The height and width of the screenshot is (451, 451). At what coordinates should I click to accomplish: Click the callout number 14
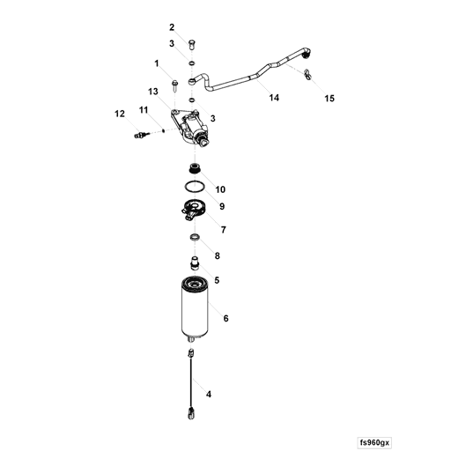(274, 98)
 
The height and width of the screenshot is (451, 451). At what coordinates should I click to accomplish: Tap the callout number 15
(329, 99)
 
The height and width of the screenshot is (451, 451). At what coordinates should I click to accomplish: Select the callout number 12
(120, 114)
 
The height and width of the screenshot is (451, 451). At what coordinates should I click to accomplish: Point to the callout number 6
(225, 318)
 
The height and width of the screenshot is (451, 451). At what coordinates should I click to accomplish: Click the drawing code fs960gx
(374, 442)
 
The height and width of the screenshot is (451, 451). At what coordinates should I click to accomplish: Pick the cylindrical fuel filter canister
(195, 309)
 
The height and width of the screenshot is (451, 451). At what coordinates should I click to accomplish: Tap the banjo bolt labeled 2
(191, 45)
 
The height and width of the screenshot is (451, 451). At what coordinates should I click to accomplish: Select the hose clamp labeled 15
(307, 75)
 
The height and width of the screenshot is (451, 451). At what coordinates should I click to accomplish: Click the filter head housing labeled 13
(191, 128)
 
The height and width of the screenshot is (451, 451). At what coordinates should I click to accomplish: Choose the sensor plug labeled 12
(141, 135)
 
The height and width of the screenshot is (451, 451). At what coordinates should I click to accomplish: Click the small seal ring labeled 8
(195, 237)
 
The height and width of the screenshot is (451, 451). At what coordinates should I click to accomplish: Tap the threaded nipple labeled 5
(195, 262)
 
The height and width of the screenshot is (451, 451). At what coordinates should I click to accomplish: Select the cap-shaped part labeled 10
(195, 168)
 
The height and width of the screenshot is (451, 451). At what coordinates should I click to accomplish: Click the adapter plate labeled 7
(192, 209)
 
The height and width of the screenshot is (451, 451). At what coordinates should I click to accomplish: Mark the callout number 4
(209, 394)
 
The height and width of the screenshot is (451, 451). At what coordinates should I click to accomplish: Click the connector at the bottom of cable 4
(191, 413)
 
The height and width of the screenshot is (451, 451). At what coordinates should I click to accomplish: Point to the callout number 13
(153, 92)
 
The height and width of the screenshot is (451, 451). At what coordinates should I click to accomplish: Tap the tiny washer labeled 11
(163, 130)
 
